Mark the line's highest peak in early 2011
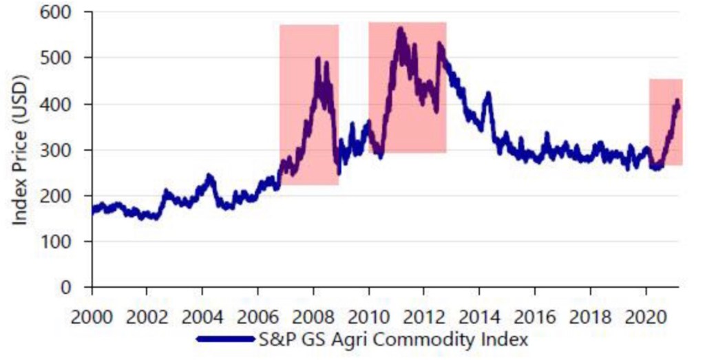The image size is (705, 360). (399, 29)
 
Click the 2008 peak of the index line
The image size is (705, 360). (317, 59)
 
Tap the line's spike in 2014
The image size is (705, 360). (488, 94)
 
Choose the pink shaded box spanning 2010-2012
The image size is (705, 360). (408, 87)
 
